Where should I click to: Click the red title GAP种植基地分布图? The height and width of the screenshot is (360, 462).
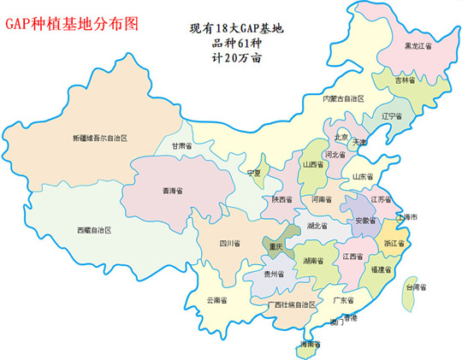(71, 24)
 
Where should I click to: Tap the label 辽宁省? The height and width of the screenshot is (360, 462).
(394, 115)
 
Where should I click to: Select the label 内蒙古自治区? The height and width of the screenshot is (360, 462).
(343, 98)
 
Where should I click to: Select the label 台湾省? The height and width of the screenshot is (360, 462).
(416, 287)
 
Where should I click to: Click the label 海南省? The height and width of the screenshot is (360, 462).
(309, 344)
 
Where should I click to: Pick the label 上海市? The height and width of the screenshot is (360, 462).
(406, 217)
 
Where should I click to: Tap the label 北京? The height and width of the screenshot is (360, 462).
(341, 136)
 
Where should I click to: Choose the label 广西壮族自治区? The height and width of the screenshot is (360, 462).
(281, 304)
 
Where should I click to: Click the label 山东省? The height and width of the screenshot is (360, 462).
(364, 176)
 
